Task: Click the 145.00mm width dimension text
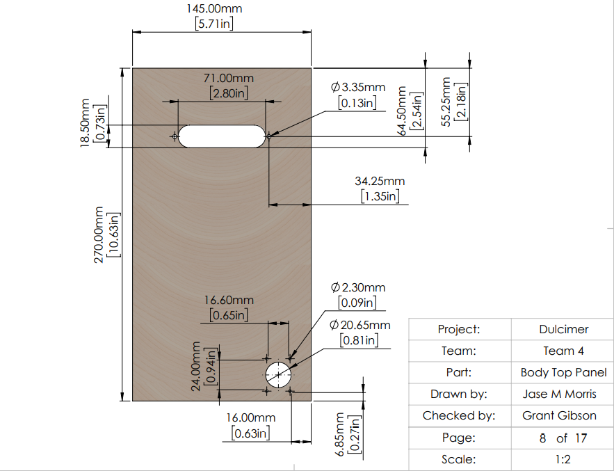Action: (214, 8)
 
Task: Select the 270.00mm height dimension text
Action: (99, 234)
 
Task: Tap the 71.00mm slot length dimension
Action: (229, 78)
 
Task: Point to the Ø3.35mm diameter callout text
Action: (358, 86)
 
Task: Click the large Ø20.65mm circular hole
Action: (278, 374)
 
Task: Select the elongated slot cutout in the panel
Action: (222, 136)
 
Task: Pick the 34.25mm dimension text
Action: (380, 181)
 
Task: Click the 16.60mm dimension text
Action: (229, 300)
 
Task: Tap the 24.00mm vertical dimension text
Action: (196, 366)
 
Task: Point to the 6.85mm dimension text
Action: (339, 434)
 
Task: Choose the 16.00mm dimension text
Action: (250, 417)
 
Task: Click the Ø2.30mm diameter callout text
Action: (358, 287)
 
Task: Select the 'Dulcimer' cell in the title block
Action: (563, 329)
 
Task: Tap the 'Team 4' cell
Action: (563, 351)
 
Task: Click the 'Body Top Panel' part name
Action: (563, 372)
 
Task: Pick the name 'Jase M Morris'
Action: (560, 394)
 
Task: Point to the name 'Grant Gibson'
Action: (560, 415)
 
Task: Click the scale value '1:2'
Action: (563, 459)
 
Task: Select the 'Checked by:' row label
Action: (459, 415)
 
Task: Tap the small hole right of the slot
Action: (269, 136)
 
